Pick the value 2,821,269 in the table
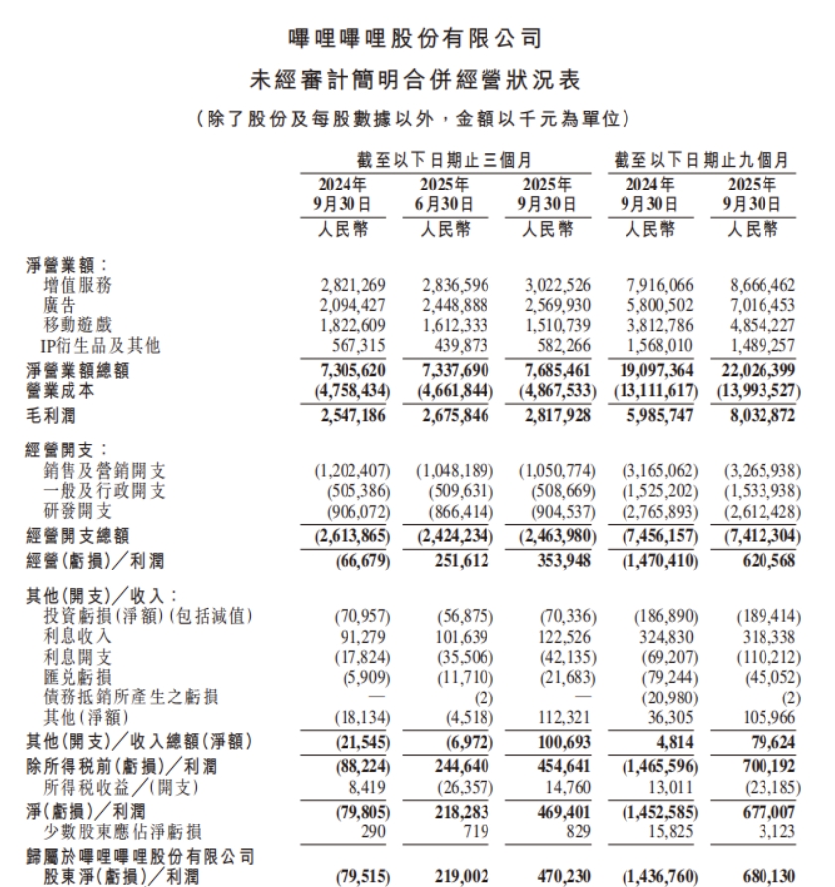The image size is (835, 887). pyautogui.click(x=351, y=286)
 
